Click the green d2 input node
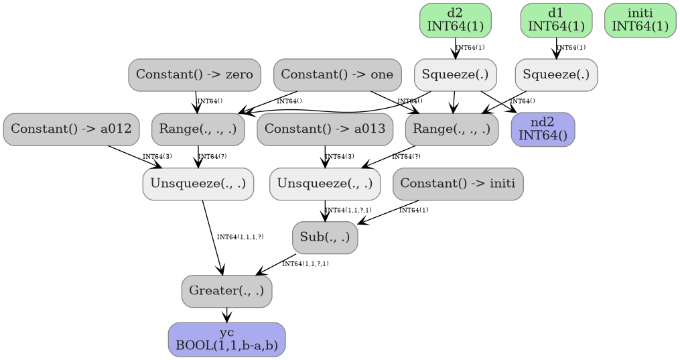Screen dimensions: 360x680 pyautogui.click(x=455, y=20)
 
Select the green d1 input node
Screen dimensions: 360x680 pyautogui.click(x=556, y=20)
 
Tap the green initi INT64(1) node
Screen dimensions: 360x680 pyautogui.click(x=640, y=20)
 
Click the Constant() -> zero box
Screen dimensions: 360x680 pyautogui.click(x=194, y=74)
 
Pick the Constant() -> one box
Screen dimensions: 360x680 pyautogui.click(x=337, y=74)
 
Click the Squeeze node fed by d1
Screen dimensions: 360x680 pyautogui.click(x=556, y=74)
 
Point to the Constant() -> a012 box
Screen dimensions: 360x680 pyautogui.click(x=71, y=129)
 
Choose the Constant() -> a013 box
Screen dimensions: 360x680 pyautogui.click(x=325, y=129)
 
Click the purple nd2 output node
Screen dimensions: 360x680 pyautogui.click(x=543, y=129)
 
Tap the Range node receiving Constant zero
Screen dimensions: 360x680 pyautogui.click(x=198, y=129)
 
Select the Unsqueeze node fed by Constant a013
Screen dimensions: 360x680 pyautogui.click(x=325, y=183)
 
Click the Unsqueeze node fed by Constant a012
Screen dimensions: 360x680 pyautogui.click(x=198, y=183)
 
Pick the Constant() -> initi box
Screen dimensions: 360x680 pyautogui.click(x=458, y=183)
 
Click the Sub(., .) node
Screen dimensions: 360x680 pyautogui.click(x=325, y=237)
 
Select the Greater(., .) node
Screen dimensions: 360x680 pyautogui.click(x=226, y=291)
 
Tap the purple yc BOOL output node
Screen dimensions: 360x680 pyautogui.click(x=226, y=339)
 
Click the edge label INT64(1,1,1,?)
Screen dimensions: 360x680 pyautogui.click(x=240, y=237)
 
